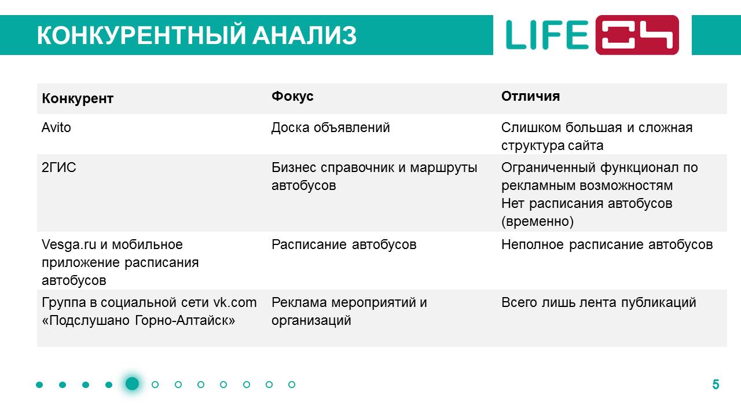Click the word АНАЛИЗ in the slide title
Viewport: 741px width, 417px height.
click(305, 35)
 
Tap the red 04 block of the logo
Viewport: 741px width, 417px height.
click(637, 35)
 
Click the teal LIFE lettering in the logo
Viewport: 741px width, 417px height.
click(547, 35)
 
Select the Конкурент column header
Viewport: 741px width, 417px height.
click(78, 98)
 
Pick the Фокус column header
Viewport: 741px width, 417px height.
click(292, 96)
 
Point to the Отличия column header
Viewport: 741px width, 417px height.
click(530, 96)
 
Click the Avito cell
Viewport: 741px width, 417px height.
click(56, 127)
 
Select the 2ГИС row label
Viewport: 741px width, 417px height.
click(59, 167)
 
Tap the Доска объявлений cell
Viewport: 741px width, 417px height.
click(331, 128)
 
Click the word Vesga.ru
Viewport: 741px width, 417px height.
click(69, 245)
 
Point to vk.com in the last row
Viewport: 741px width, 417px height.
click(235, 302)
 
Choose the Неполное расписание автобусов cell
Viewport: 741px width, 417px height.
click(607, 245)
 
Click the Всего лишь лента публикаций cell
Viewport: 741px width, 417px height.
click(599, 302)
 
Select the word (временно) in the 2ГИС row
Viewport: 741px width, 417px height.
click(537, 221)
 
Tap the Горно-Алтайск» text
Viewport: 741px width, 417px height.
click(185, 320)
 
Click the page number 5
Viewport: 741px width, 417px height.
click(716, 385)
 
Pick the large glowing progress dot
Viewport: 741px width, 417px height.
click(132, 384)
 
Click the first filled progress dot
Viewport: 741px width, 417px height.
click(39, 385)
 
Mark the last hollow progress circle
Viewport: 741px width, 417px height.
click(291, 385)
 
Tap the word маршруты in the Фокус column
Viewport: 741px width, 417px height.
click(443, 168)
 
